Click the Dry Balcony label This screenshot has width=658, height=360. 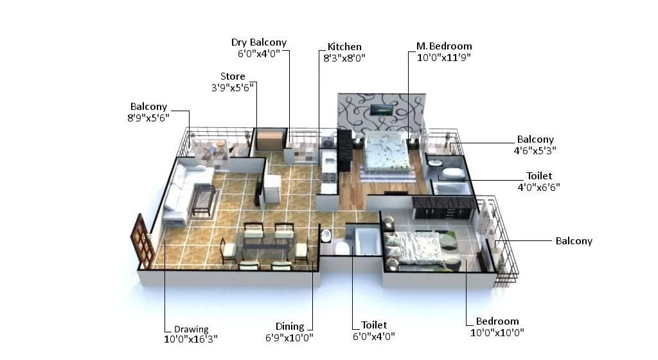tap(259, 43)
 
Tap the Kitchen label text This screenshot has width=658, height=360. tap(344, 47)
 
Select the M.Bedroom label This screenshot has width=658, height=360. tap(444, 46)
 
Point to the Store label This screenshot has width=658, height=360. tap(233, 76)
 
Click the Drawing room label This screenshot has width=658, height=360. tap(191, 330)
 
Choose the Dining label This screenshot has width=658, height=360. tap(290, 327)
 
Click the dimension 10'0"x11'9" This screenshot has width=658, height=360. tap(444, 57)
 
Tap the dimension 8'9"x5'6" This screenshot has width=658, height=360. tap(148, 118)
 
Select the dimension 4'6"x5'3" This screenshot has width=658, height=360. tap(535, 150)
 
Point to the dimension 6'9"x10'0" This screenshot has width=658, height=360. tap(290, 337)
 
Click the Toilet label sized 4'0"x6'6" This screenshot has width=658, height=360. tap(539, 175)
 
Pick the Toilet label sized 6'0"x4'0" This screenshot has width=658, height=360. tap(374, 325)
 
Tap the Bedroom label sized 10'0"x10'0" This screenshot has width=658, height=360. tap(497, 321)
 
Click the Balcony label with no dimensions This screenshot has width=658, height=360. tap(574, 241)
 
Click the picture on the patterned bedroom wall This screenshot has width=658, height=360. tap(384, 110)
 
